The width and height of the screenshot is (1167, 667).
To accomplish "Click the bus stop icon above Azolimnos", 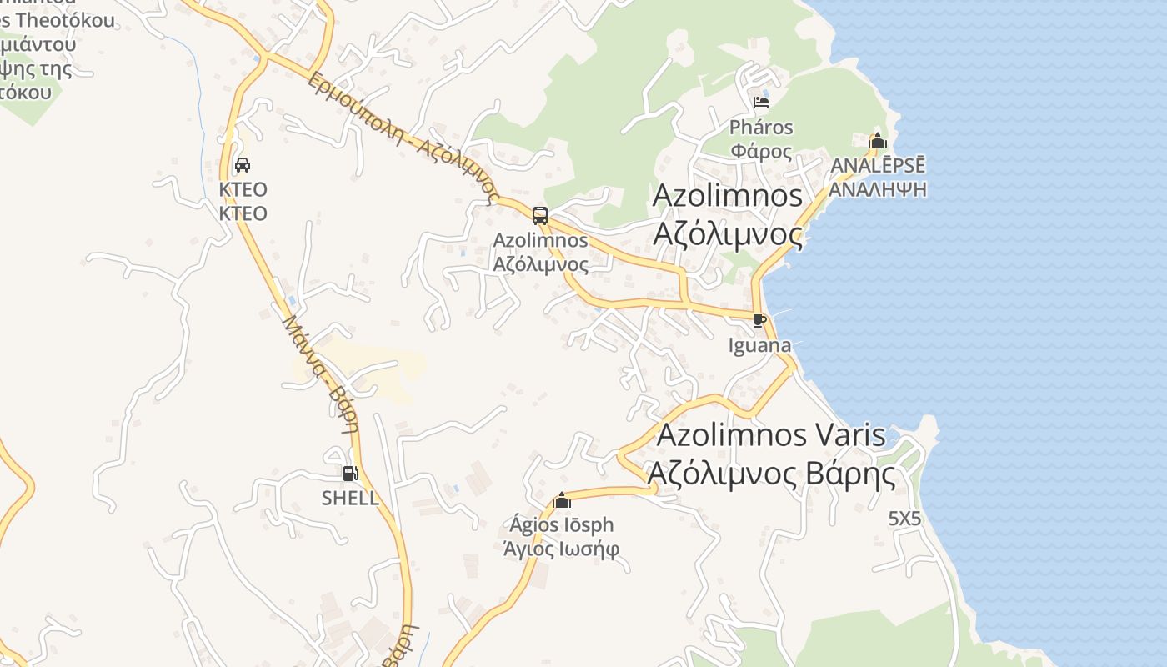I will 540,216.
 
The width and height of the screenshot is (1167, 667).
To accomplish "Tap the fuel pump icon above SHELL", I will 351,474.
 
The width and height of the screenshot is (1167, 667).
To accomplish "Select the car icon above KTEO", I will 243,165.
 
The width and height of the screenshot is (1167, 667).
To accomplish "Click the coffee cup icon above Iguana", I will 759,320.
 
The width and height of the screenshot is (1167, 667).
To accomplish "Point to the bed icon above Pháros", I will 760,103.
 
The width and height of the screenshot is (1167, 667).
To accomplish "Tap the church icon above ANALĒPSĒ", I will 877,142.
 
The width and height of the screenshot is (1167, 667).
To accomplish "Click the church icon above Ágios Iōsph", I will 562,500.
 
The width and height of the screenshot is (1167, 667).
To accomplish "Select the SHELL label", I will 350,499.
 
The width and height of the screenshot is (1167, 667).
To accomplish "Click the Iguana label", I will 759,345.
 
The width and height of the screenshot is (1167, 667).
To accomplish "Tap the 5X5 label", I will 904,519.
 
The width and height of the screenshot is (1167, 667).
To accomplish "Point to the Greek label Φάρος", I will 761,151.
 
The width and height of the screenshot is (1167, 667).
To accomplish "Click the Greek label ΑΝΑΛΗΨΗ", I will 879,188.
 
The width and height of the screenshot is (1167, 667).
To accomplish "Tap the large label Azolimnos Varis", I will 771,435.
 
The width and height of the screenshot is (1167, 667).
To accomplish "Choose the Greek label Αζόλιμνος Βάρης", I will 771,474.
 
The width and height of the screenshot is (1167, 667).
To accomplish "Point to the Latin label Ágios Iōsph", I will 561,525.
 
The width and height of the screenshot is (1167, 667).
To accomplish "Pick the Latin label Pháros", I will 761,128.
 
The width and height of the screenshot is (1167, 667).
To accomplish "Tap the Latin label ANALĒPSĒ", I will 879,165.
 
